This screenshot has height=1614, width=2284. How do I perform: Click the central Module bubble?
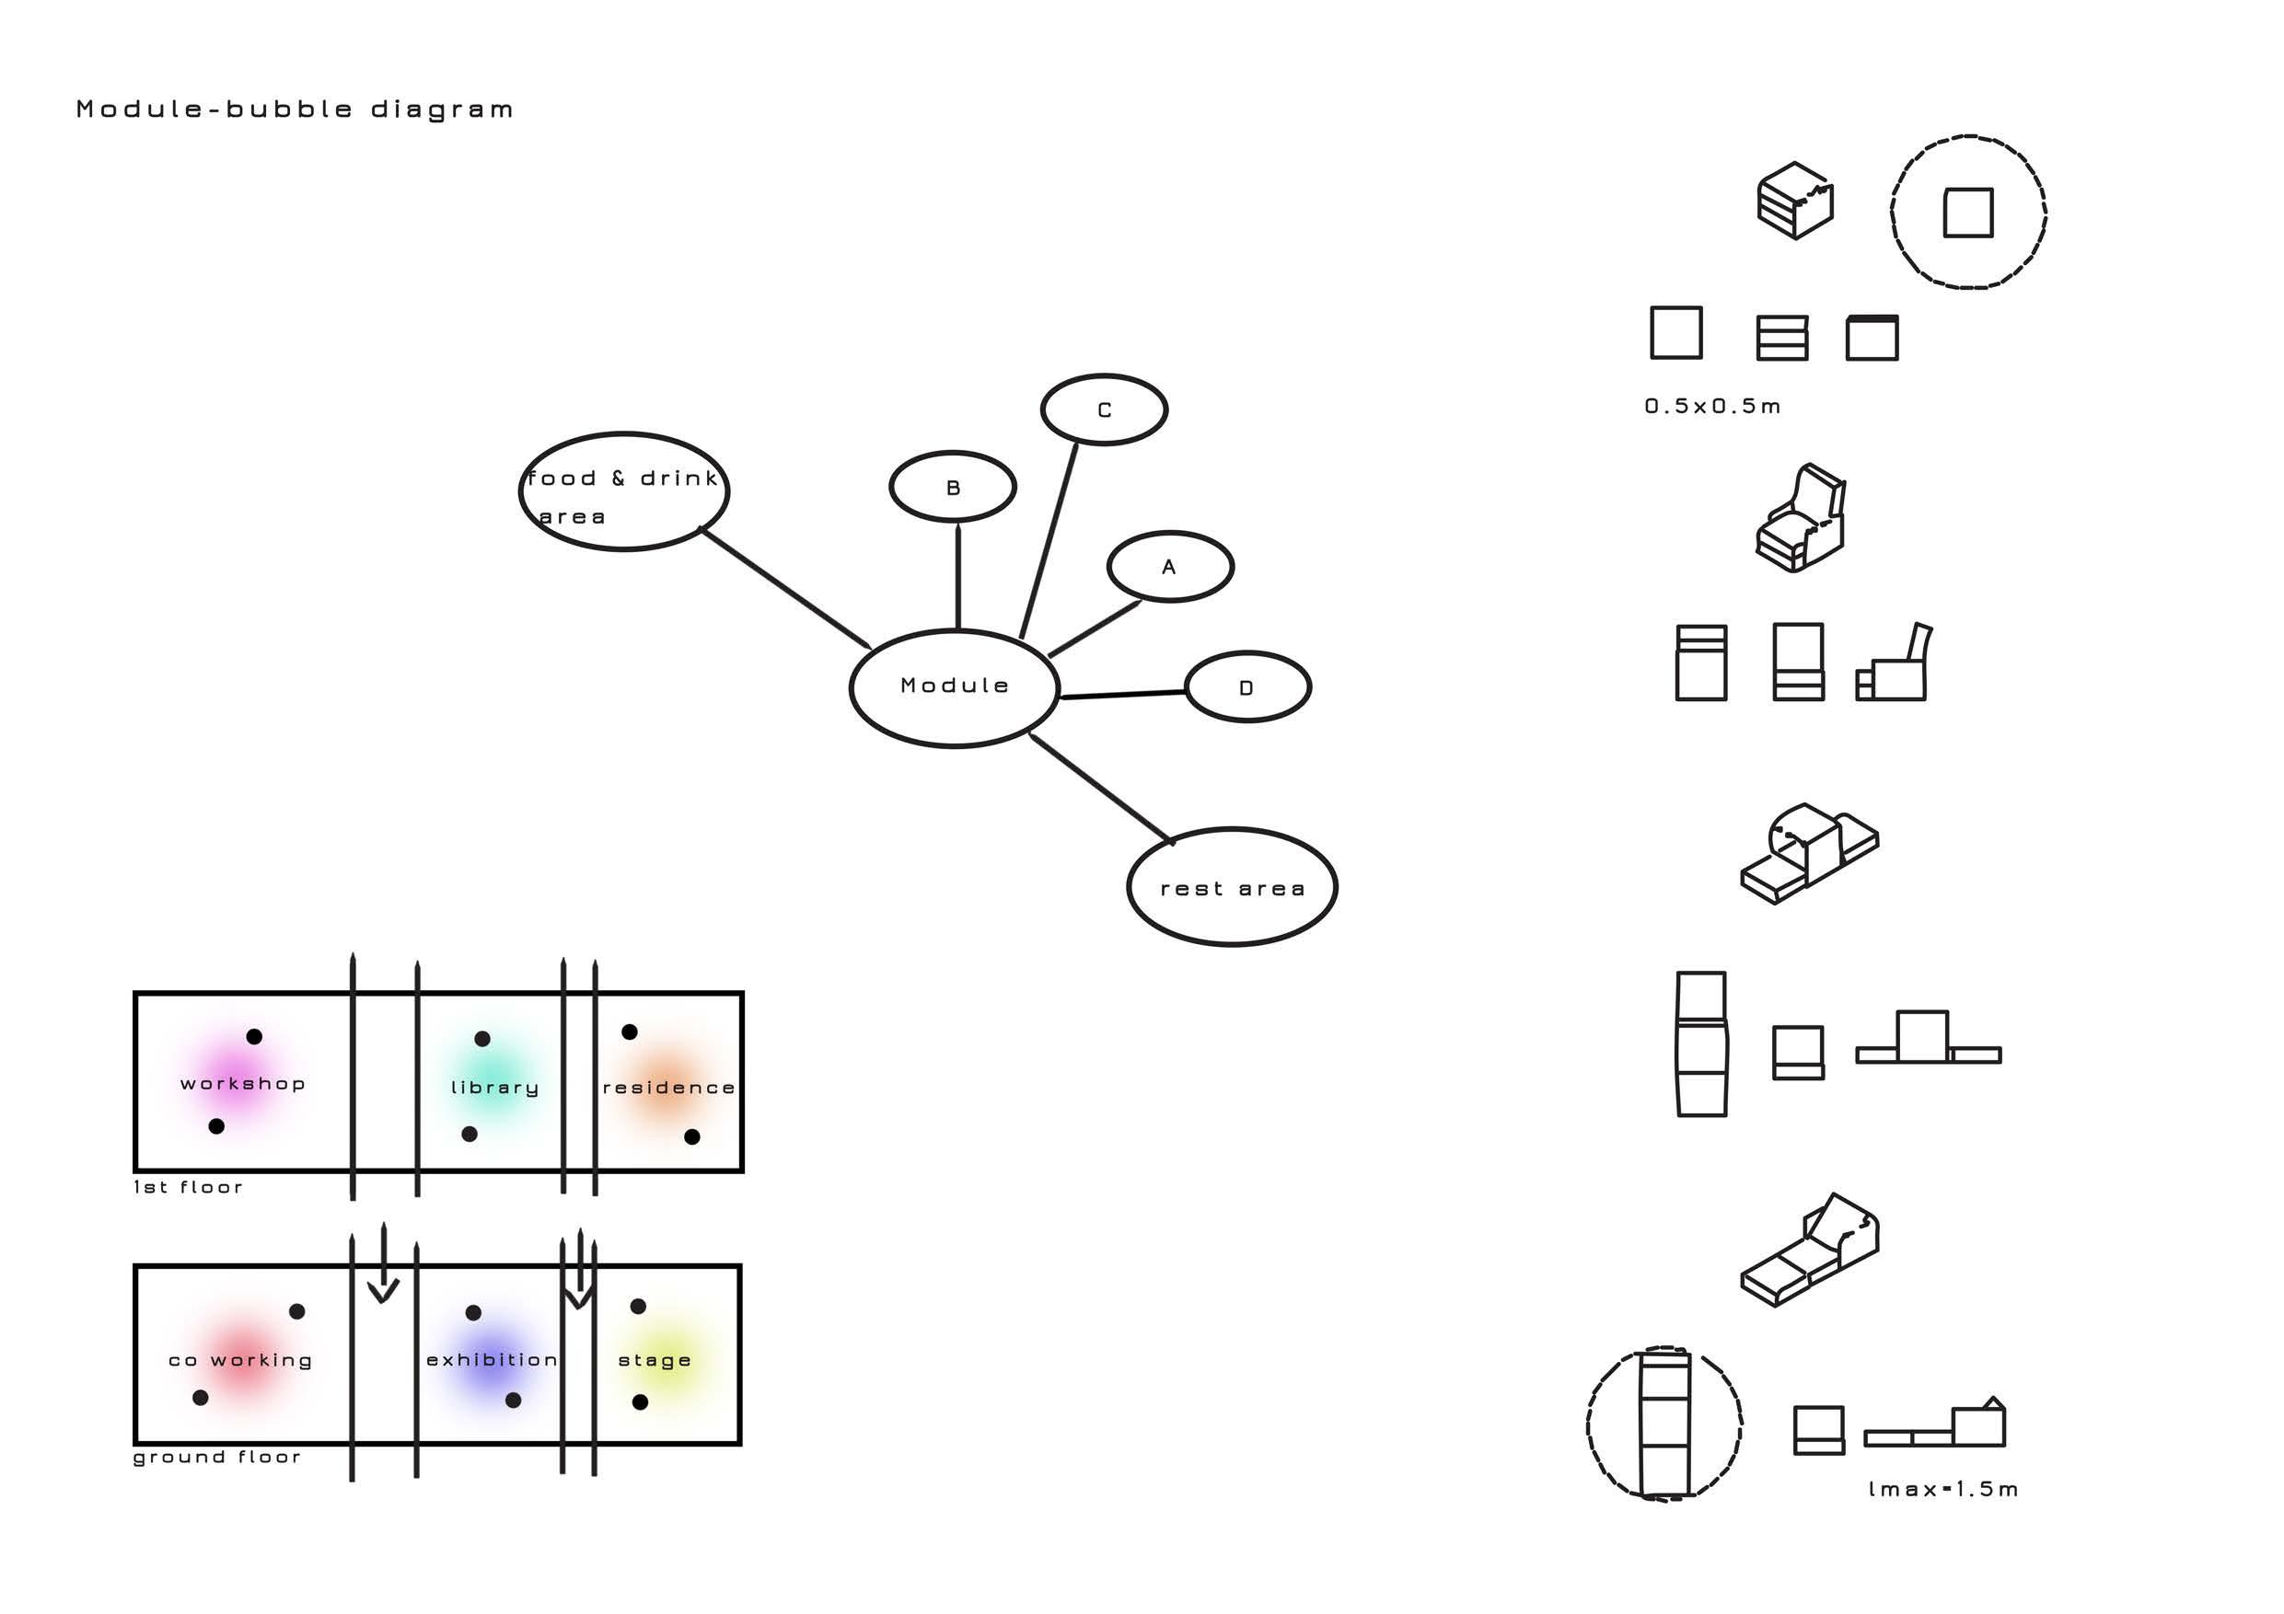(x=954, y=687)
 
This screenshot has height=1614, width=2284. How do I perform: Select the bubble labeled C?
(x=1103, y=409)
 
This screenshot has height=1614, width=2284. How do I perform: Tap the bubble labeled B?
(x=952, y=488)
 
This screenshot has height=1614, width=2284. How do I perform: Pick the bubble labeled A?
(x=1170, y=567)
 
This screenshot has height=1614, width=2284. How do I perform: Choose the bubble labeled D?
(x=1247, y=687)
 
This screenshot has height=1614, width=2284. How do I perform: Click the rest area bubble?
(x=1232, y=888)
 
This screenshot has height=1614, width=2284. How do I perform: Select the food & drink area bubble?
(x=624, y=492)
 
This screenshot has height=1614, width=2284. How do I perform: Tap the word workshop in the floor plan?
(x=242, y=1084)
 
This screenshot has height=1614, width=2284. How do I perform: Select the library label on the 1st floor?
(x=494, y=1088)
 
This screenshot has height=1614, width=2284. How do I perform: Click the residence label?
(x=668, y=1088)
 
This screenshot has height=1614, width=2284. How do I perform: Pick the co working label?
(x=239, y=1360)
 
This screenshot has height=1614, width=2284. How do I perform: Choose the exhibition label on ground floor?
(x=492, y=1360)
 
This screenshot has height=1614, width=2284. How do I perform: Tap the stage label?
(x=654, y=1360)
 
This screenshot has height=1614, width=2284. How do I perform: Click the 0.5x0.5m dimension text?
(x=1712, y=406)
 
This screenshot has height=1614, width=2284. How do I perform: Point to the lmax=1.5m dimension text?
(x=1942, y=1489)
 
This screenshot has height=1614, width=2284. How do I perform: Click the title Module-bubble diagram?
(x=295, y=110)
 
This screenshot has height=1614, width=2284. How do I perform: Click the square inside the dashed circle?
(x=1967, y=213)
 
